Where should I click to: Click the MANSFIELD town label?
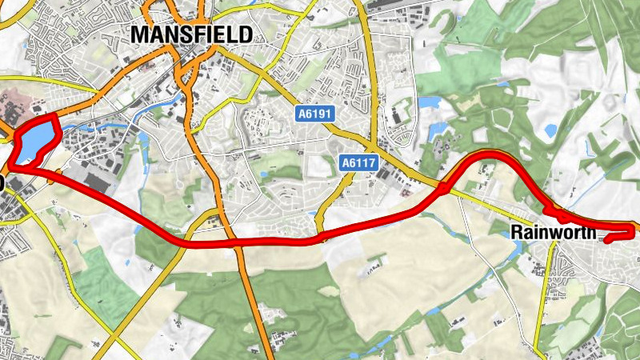(x=190, y=34)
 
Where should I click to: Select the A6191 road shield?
(x=314, y=114)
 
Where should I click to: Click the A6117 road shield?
(x=358, y=163)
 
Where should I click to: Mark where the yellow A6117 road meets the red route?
(x=323, y=238)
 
